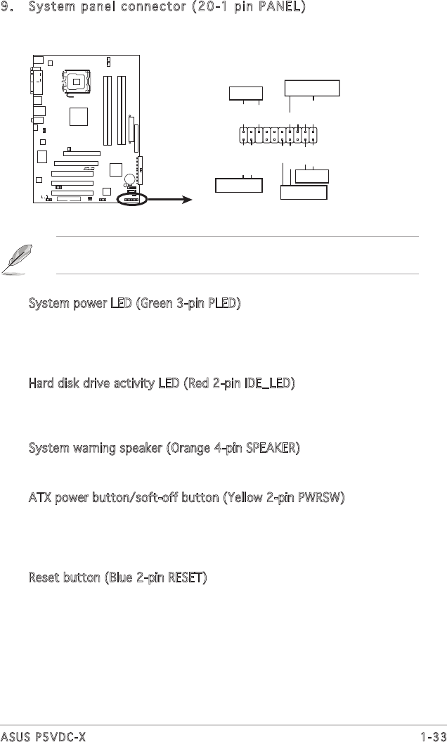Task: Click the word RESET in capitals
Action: (x=182, y=578)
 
